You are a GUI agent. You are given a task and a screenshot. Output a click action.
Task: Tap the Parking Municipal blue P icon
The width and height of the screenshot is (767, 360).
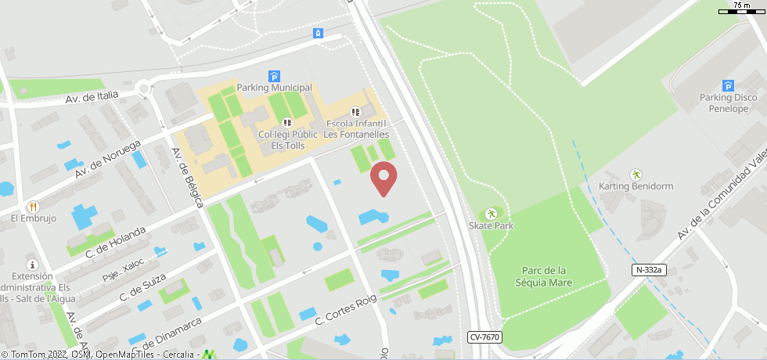click(275, 76)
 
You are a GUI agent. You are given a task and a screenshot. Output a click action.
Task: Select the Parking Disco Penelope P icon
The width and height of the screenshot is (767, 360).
click(728, 86)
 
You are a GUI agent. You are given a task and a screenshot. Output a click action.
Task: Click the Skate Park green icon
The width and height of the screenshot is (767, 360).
click(492, 214)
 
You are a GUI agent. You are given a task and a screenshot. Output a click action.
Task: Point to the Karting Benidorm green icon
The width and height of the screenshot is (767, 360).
click(636, 175)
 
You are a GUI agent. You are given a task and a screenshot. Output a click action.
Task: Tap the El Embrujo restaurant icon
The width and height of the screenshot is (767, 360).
click(33, 207)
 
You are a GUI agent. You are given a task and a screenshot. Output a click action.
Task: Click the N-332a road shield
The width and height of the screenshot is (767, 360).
click(649, 270)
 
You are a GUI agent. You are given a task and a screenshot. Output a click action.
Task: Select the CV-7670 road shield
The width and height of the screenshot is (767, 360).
click(484, 337)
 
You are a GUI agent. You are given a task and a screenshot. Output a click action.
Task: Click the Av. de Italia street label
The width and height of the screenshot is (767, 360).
click(92, 96)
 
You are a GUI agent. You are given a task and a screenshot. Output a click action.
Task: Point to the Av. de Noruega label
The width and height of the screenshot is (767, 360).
click(108, 159)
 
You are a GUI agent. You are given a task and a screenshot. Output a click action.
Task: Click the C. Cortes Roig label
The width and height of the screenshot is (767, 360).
click(345, 310)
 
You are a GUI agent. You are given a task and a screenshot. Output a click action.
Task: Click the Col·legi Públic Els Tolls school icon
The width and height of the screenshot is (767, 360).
click(287, 123)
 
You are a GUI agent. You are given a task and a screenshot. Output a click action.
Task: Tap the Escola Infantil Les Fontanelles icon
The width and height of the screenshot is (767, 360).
click(356, 113)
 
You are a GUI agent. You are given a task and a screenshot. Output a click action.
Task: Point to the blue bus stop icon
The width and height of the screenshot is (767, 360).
click(318, 33)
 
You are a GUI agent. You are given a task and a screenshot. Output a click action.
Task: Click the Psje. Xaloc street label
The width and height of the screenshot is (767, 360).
click(124, 269)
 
